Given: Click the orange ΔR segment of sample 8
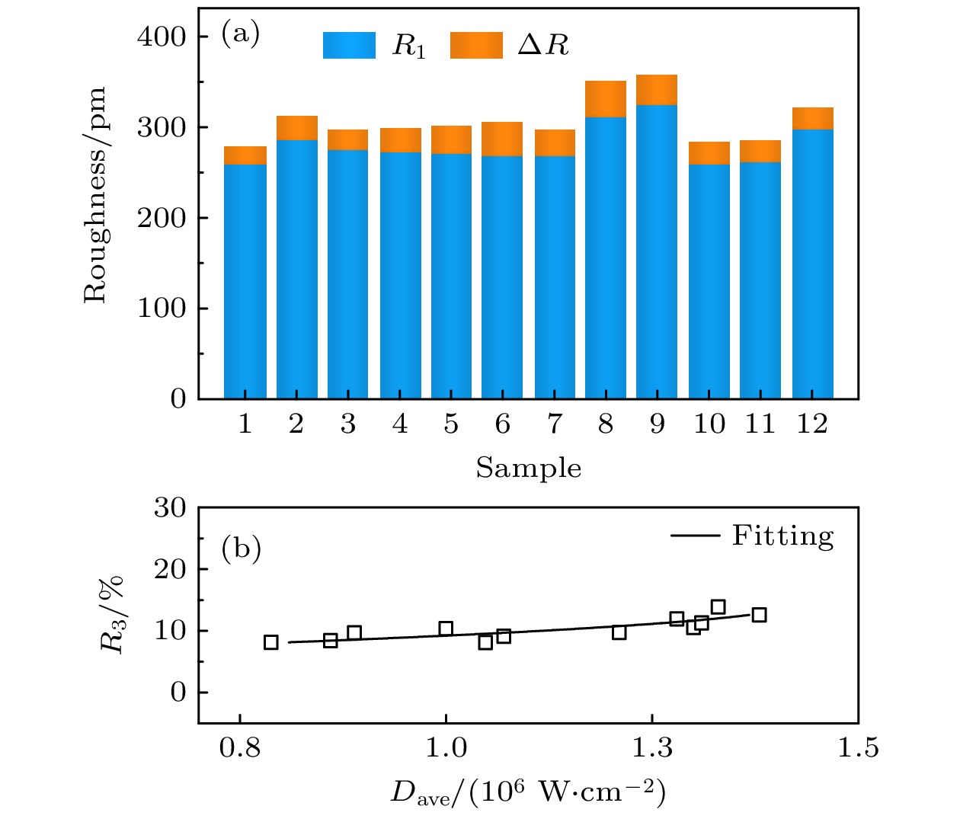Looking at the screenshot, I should click(606, 99).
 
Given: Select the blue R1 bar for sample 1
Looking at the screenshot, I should click(245, 282).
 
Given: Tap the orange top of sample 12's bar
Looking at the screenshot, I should click(812, 119).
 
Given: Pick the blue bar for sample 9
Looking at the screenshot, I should click(657, 251).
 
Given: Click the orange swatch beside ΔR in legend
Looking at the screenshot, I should click(476, 46).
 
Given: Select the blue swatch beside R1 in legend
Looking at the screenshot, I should click(349, 46).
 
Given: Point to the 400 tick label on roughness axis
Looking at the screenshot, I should click(162, 37).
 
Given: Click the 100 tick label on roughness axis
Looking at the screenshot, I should click(162, 309).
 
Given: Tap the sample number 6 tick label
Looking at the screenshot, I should click(503, 424).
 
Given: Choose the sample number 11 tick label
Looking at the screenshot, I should click(760, 424).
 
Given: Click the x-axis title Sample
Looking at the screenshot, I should click(529, 468).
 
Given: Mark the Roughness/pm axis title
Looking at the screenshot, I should click(95, 195).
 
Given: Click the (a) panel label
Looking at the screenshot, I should click(240, 34).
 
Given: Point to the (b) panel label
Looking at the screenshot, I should click(241, 549).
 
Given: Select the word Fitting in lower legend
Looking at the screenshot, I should click(782, 536).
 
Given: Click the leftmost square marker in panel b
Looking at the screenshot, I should click(270, 642).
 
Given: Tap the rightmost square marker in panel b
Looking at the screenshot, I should click(759, 615).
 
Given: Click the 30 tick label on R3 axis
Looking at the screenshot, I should click(170, 508).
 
